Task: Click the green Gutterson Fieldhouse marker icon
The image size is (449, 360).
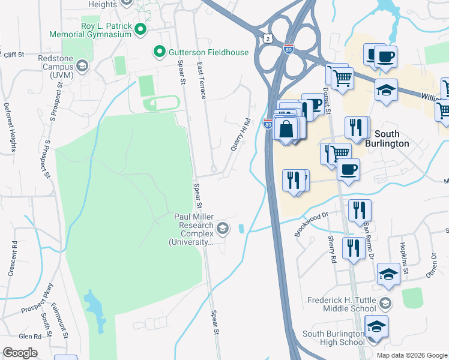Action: coord(160,52)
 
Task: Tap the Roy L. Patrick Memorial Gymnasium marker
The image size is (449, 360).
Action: coord(141,28)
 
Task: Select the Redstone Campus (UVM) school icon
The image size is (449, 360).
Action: coord(82,66)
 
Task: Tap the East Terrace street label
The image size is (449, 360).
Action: coord(201,80)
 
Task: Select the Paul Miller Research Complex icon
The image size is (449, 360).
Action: coord(223,227)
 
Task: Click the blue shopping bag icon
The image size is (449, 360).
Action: coord(288,129)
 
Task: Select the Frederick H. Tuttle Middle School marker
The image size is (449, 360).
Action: coord(385,304)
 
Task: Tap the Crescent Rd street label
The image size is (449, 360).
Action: coord(13,259)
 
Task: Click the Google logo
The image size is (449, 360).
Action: coord(20,353)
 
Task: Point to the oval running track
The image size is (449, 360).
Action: coord(161,103)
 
